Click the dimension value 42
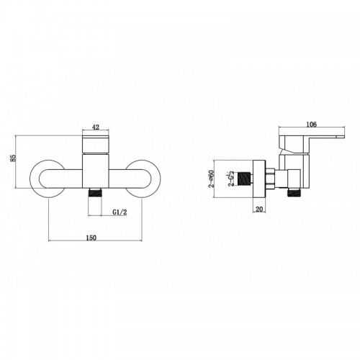point(96,127)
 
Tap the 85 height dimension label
point(13,158)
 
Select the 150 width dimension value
point(91,238)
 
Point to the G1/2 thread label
point(120,212)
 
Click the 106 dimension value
point(312,124)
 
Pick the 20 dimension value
point(259,210)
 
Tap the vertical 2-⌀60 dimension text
point(211,179)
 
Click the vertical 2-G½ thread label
point(231,179)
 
